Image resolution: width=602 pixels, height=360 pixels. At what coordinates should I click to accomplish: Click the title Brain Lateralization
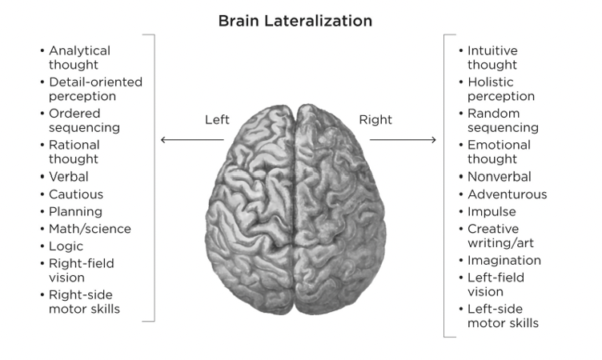click(295, 22)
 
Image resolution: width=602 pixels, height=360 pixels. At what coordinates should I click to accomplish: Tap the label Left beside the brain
click(217, 120)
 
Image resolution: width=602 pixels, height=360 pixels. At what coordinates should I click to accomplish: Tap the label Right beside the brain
click(375, 120)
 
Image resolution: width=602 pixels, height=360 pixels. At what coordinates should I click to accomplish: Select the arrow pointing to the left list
click(192, 140)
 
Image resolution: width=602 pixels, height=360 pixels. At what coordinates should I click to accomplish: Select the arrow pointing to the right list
click(403, 140)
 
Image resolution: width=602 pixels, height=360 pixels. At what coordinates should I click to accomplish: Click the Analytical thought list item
click(79, 58)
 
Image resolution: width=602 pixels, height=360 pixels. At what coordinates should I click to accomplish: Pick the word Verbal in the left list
click(69, 177)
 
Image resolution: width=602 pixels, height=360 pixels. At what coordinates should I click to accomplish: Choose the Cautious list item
click(76, 194)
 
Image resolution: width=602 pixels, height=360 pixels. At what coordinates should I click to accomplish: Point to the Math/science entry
click(90, 229)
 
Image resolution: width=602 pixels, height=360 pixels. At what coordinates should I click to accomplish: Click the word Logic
click(66, 246)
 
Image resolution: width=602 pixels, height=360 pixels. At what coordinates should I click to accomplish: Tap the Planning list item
click(75, 212)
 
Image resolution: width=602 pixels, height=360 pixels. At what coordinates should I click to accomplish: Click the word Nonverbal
click(500, 177)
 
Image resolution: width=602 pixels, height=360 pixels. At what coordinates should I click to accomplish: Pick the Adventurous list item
click(508, 194)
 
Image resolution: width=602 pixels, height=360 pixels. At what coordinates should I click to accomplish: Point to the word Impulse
click(492, 212)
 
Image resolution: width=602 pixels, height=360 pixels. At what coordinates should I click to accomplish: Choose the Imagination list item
click(504, 260)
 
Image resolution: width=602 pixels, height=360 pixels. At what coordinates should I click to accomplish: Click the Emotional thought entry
click(500, 152)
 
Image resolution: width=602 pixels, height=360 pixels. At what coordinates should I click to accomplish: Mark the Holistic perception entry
click(501, 89)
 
